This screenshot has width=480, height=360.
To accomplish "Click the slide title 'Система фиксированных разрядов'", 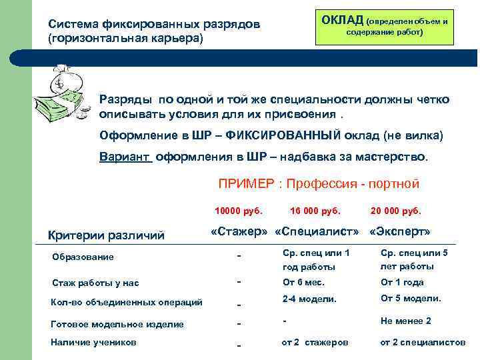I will (154, 24).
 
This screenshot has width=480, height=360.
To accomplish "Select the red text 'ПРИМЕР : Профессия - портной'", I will (319, 183).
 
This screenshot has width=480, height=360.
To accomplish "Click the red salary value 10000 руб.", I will (238, 211).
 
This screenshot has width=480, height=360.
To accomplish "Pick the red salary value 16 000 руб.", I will (315, 211).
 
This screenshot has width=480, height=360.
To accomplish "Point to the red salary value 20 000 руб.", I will (396, 211).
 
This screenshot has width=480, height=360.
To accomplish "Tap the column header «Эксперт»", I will (400, 232).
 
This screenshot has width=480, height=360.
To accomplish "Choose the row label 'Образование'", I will (83, 257).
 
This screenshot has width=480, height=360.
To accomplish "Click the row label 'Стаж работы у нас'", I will (95, 283).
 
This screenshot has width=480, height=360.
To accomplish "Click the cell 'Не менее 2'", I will (405, 321).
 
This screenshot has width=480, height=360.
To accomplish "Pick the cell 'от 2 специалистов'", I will (423, 342).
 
